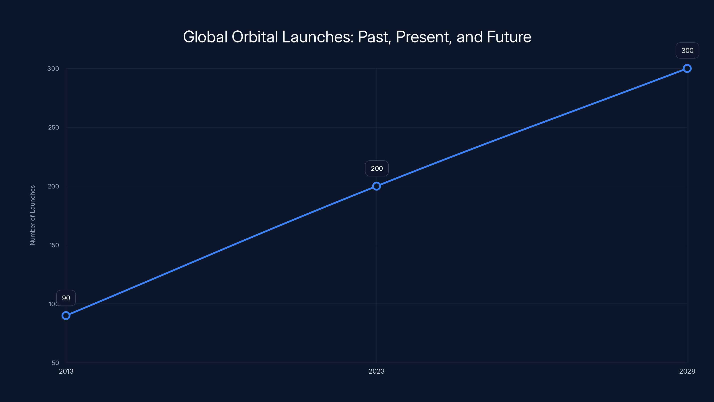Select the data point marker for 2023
[x=376, y=186]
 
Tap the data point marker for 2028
[x=687, y=69]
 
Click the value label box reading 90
[x=66, y=298]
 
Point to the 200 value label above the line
[x=377, y=168]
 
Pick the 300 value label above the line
[x=687, y=50]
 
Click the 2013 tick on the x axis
[x=66, y=371]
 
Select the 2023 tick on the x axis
[x=376, y=371]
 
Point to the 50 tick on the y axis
[x=55, y=363]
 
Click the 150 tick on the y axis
[x=54, y=245]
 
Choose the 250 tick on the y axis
[x=54, y=127]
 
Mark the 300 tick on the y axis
[x=53, y=69]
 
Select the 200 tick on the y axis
[x=54, y=186]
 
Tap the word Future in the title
[x=509, y=37]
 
